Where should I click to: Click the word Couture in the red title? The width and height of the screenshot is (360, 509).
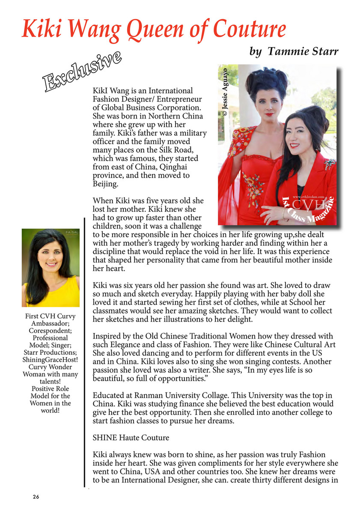tap(249, 29)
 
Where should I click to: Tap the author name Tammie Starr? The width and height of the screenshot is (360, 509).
tap(303, 52)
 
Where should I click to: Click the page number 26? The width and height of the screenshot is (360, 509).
tap(36, 497)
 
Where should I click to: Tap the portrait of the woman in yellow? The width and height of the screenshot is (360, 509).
tap(51, 268)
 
